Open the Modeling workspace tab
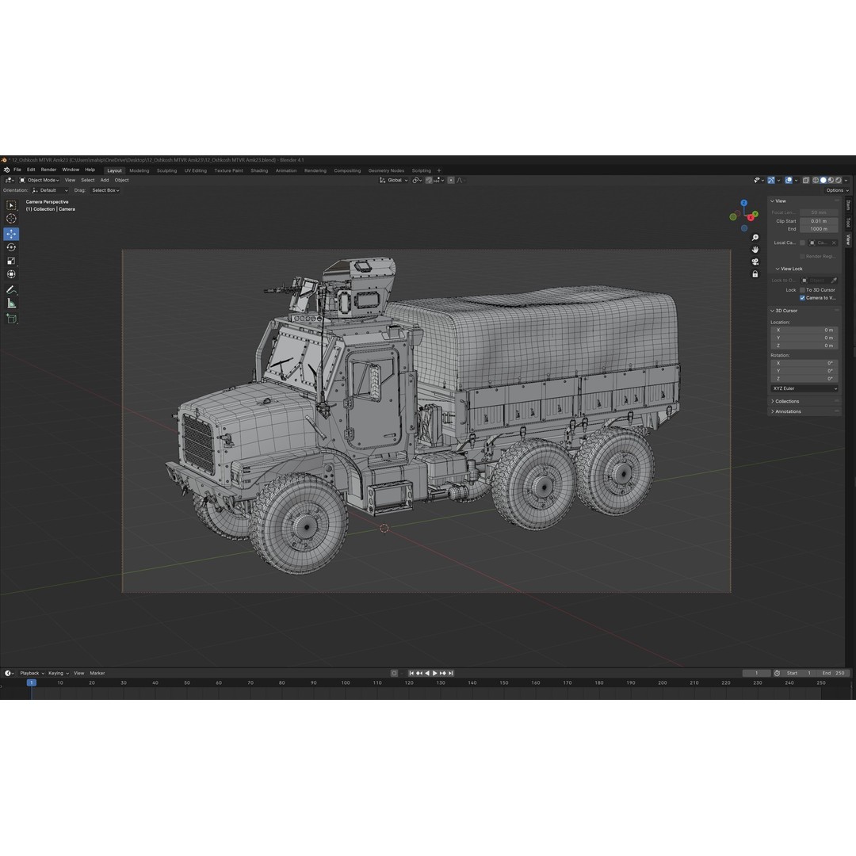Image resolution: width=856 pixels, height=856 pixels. (x=139, y=170)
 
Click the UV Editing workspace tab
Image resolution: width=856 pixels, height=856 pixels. (x=196, y=170)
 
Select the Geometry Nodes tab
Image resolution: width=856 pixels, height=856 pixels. (x=386, y=170)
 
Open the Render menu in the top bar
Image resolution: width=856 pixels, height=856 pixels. (x=49, y=170)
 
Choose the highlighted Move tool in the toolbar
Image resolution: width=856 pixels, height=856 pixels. (x=11, y=234)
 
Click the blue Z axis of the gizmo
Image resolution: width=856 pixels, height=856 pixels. (x=743, y=203)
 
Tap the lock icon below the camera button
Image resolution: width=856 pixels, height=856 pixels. (x=755, y=273)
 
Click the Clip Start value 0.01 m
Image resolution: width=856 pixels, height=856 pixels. (x=818, y=221)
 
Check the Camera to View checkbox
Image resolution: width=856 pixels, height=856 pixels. (x=802, y=298)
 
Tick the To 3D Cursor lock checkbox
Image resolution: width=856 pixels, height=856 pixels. (x=802, y=290)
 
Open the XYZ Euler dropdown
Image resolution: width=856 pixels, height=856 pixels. (x=804, y=388)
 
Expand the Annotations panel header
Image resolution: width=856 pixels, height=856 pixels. (x=788, y=411)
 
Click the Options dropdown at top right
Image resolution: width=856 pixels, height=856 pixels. (x=835, y=190)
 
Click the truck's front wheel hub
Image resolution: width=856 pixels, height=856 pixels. (x=304, y=525)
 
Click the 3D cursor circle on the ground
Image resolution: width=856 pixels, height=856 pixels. (x=384, y=528)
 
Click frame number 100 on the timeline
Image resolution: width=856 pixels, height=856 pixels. (x=345, y=682)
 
